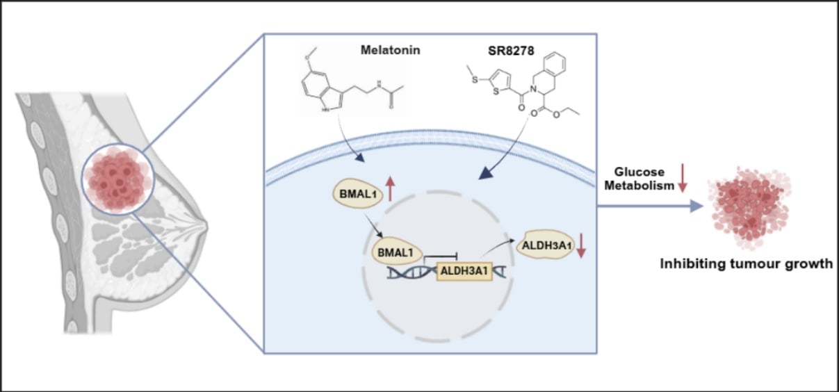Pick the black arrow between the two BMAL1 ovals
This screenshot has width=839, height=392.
(368, 231)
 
